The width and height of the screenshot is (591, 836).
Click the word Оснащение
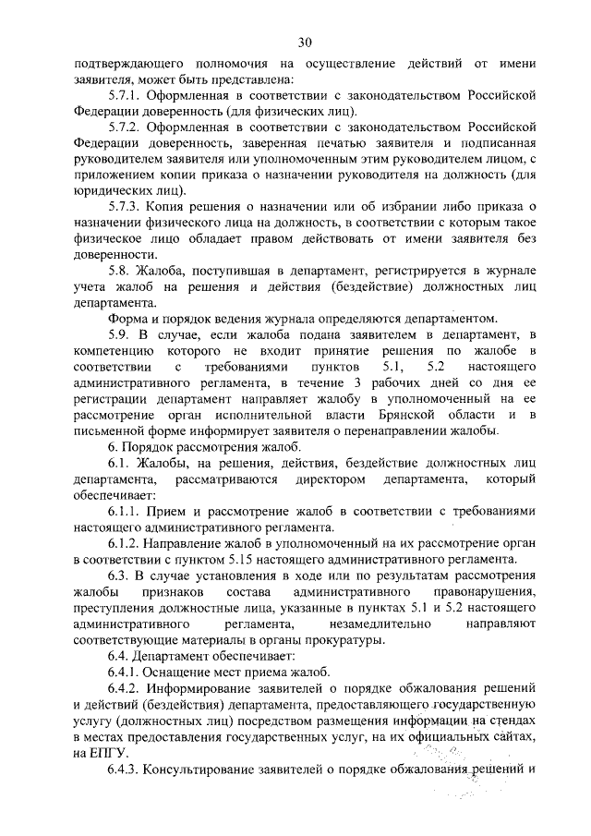[185, 672]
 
